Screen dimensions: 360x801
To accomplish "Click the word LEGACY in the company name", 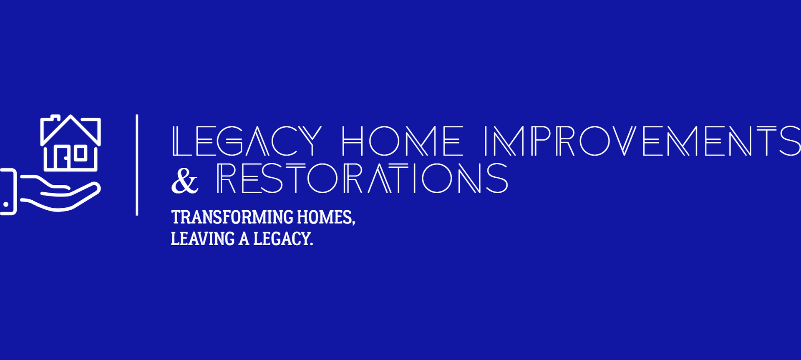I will click(247, 141).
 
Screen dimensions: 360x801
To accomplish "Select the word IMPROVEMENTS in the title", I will click(642, 141).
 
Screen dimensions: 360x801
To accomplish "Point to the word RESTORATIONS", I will click(362, 179).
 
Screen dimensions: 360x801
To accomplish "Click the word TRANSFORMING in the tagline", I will click(232, 217).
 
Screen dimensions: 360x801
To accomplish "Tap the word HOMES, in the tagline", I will click(326, 217).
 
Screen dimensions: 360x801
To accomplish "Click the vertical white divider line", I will click(137, 165).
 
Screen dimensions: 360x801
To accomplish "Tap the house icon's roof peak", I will click(71, 117).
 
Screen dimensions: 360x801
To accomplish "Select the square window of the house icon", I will click(80, 153).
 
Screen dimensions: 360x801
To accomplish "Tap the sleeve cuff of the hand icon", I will click(8, 192).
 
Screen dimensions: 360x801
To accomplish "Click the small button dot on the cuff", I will click(6, 204).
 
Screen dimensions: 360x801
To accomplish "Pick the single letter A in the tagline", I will click(244, 239).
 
